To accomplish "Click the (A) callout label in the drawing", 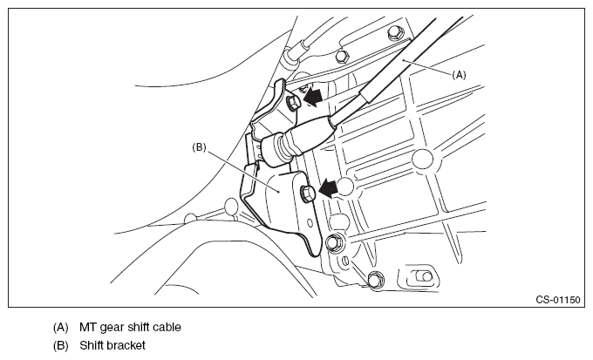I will coord(460,75).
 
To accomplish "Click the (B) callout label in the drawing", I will coord(199,147).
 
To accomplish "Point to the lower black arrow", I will coord(330,186).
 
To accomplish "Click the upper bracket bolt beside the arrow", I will coord(294,102).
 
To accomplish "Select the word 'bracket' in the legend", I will coord(126,346).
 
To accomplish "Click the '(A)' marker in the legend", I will coord(60,328).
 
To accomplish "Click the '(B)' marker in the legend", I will coord(60,346).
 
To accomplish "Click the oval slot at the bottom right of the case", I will coord(420,277).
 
